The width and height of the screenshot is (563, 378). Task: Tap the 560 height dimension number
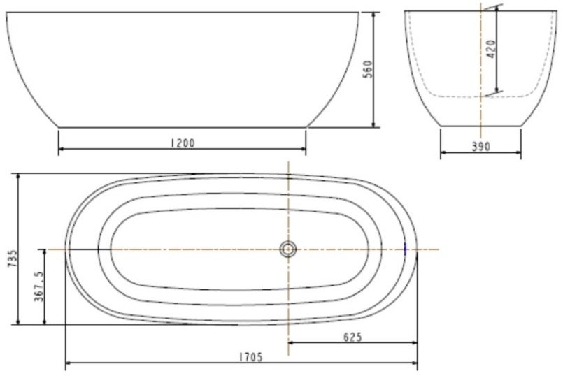point(368,70)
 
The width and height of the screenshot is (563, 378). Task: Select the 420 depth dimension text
point(491,49)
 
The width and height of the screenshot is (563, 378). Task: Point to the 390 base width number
point(480,147)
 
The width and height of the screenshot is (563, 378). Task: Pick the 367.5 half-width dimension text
point(39,286)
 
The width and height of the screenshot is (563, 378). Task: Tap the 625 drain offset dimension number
point(352,337)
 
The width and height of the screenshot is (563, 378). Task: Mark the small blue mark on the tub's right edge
point(406,249)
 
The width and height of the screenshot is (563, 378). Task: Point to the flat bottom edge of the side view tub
point(182,127)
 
